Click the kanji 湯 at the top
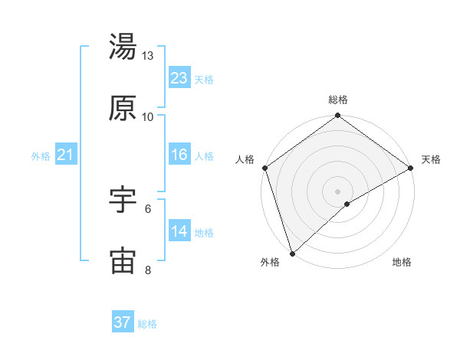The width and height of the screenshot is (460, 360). tap(123, 47)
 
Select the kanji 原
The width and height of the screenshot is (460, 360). tap(123, 108)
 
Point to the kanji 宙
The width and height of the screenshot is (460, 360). tap(123, 261)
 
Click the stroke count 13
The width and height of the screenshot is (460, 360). tap(148, 56)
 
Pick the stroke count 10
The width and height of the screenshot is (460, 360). tap(148, 116)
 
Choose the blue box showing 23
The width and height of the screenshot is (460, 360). tap(179, 78)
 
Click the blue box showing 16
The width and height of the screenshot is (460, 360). tap(179, 155)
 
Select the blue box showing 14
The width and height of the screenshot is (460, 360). tap(179, 231)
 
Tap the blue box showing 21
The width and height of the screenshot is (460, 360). tap(65, 155)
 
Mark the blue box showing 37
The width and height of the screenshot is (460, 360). tap(123, 322)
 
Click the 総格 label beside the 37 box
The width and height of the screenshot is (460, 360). tap(147, 324)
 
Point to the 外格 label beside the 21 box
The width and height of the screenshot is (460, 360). tap(41, 156)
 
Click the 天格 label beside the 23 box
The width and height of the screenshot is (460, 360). tap(203, 80)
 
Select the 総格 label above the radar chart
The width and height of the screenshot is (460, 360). tap(338, 100)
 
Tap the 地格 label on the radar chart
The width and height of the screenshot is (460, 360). tap(402, 263)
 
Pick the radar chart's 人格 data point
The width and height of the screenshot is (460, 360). tap(264, 168)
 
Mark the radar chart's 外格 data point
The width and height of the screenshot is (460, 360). tap(292, 253)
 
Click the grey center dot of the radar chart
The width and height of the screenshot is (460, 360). tap(337, 191)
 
